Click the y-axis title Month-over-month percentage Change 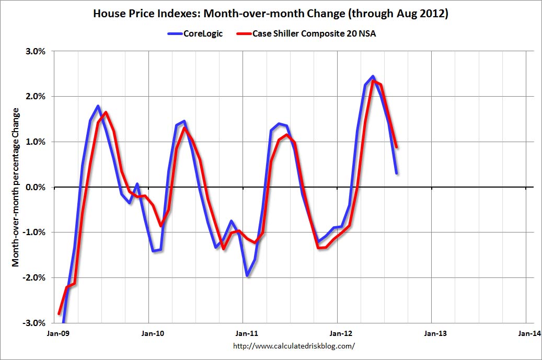click(16, 187)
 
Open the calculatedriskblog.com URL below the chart click(293, 346)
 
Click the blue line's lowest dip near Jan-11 click(247, 275)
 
